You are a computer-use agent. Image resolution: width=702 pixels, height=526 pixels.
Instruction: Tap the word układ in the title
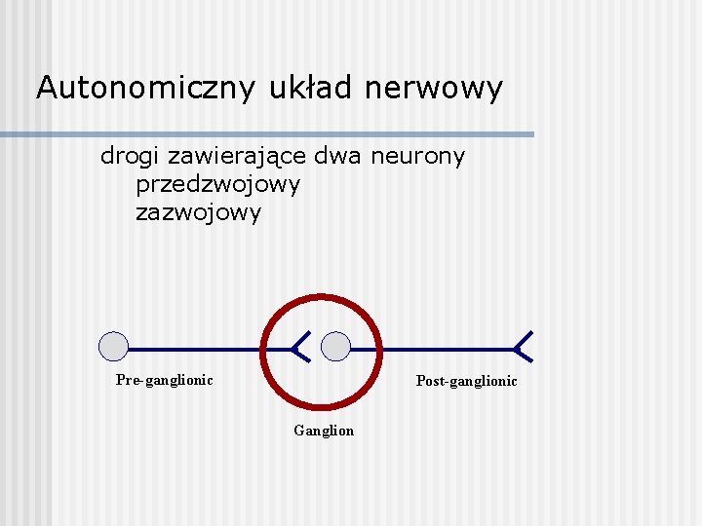coord(311,89)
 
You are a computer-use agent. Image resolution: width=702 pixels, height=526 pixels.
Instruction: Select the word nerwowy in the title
coord(435,89)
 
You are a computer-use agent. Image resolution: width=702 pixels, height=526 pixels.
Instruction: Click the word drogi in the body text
coord(131,156)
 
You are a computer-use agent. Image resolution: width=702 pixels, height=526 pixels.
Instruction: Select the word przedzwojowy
coord(217,184)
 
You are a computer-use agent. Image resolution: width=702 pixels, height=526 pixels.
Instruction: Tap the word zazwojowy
coord(198,212)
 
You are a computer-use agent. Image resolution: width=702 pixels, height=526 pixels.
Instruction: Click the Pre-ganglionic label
coord(164,380)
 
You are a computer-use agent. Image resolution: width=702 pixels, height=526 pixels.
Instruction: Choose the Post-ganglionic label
coord(466,381)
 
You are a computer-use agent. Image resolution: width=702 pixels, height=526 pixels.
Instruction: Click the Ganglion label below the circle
coord(324,431)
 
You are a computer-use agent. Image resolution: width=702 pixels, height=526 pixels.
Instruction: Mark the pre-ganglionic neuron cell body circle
coord(114,347)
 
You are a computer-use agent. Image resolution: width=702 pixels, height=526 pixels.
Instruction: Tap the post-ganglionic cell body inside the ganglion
coord(336,347)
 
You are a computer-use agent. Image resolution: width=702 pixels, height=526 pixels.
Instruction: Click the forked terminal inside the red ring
coord(300,347)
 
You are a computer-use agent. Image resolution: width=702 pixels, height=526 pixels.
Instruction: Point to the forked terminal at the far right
coord(524,347)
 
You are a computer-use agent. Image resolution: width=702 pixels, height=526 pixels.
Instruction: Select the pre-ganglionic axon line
coord(195,348)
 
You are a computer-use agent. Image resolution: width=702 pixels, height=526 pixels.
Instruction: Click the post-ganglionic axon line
coord(439,348)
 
